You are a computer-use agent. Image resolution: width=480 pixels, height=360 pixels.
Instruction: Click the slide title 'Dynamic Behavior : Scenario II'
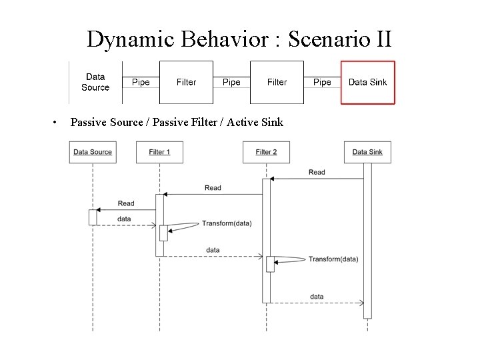click(x=239, y=39)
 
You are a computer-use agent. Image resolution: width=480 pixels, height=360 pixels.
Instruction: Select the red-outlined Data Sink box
click(x=367, y=83)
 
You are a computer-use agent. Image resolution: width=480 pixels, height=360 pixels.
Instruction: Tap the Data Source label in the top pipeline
click(x=95, y=83)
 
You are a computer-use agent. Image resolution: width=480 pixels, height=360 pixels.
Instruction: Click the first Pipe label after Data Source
click(x=141, y=83)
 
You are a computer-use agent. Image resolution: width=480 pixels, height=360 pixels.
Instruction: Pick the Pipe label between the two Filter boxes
click(x=231, y=83)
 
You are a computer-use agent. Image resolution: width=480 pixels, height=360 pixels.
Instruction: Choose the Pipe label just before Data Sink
click(x=322, y=83)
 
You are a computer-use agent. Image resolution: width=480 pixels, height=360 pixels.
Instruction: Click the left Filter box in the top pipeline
click(x=186, y=83)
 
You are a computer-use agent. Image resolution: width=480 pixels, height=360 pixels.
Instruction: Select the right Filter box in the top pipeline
click(x=277, y=83)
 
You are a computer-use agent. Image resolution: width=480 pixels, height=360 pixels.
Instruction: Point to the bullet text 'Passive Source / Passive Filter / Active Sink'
click(x=177, y=122)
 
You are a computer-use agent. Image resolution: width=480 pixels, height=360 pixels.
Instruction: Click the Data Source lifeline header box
click(x=93, y=152)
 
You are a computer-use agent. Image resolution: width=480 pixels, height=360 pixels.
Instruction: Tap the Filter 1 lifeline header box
click(x=159, y=152)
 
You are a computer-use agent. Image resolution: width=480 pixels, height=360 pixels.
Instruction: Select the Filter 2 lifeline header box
click(x=266, y=152)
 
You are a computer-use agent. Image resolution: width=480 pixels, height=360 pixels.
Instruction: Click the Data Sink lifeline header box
click(x=367, y=152)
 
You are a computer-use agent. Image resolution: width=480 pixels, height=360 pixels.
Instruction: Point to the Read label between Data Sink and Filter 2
click(x=317, y=172)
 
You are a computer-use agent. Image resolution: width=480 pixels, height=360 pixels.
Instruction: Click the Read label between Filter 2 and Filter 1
click(x=213, y=188)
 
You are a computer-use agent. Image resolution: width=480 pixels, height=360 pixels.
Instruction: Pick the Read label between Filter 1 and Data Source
click(x=125, y=203)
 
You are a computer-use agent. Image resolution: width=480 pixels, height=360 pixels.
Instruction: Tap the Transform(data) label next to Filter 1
click(x=227, y=223)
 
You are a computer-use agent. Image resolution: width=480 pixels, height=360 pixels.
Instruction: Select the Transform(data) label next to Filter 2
click(x=333, y=259)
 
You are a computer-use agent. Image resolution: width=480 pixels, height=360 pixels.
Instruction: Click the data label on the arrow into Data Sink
click(x=317, y=297)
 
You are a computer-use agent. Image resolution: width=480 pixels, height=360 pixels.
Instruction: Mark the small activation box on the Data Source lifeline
click(x=93, y=217)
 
